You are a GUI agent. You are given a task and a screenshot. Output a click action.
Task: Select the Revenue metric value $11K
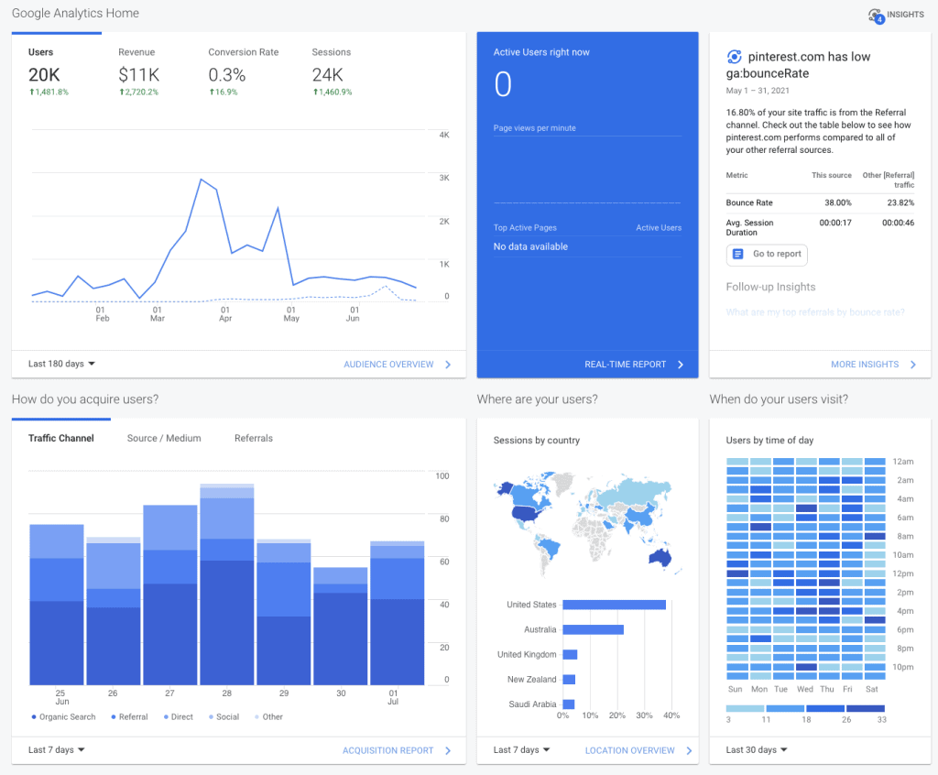tap(138, 75)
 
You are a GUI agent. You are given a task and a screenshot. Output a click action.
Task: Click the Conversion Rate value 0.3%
tap(227, 75)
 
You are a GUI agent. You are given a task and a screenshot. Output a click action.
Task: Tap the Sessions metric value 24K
tap(328, 75)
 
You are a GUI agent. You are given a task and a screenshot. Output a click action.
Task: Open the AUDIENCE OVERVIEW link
tap(388, 365)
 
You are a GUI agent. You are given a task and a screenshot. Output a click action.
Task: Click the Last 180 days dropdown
tap(61, 364)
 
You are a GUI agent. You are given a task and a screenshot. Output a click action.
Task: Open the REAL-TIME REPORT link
tap(626, 365)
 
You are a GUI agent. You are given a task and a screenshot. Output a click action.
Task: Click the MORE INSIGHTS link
tap(865, 365)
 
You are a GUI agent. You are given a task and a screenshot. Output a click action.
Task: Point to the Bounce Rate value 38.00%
tap(837, 203)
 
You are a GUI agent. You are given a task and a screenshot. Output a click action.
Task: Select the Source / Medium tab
tap(164, 439)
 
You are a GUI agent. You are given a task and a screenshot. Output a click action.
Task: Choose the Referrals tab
tap(254, 439)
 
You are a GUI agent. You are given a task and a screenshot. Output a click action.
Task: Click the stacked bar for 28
tap(227, 586)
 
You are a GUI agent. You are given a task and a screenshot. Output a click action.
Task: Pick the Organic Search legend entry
tap(63, 717)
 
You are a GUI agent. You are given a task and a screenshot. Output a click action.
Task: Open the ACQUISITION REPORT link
tap(387, 751)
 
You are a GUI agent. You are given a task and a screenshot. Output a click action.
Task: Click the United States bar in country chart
tap(614, 605)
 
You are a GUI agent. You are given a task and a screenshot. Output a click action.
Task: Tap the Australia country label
tap(540, 630)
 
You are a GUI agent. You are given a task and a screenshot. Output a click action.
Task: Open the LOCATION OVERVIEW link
tap(630, 751)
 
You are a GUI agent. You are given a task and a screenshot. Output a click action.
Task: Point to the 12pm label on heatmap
tap(905, 574)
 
